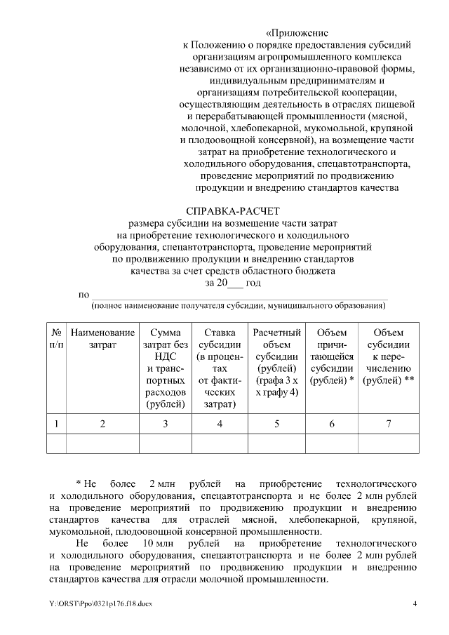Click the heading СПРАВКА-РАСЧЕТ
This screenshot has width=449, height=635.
232,210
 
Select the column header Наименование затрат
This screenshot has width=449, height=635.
102,338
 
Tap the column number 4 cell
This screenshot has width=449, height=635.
220,423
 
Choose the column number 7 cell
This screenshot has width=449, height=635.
388,423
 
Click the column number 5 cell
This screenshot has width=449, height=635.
276,423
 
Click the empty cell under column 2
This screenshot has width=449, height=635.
102,444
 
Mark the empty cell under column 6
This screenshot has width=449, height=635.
332,444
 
